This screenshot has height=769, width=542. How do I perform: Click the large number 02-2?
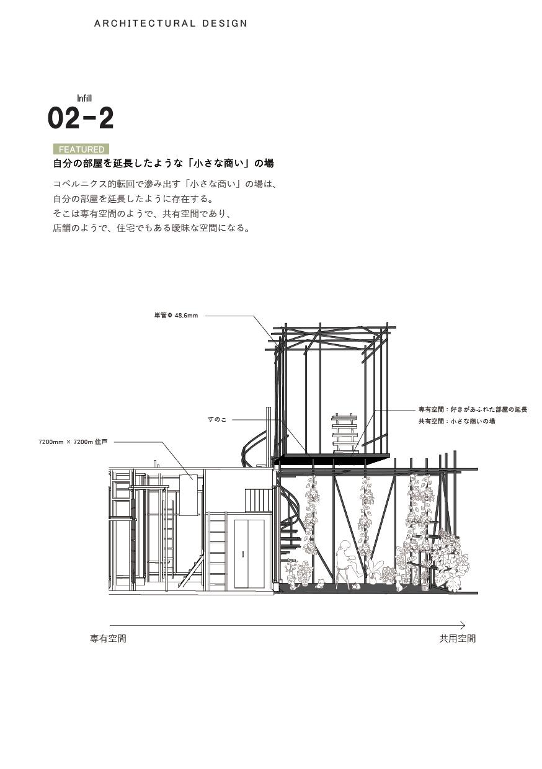click(81, 118)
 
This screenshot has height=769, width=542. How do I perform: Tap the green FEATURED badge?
click(81, 149)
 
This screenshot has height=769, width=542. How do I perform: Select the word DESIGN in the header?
click(224, 24)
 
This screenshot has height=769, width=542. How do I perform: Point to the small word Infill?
click(84, 98)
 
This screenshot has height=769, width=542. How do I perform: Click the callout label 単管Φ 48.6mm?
click(176, 316)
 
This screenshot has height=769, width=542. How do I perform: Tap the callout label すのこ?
click(217, 420)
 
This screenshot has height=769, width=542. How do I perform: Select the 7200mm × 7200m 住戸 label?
click(73, 442)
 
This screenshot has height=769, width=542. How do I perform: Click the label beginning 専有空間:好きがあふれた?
click(473, 410)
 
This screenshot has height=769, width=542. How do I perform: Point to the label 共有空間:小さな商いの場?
click(456, 422)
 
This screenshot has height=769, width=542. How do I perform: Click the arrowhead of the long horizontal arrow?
click(462, 626)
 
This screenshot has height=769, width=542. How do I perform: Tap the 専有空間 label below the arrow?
click(108, 639)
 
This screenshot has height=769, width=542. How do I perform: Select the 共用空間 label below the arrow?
click(458, 639)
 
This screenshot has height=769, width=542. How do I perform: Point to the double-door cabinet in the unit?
click(249, 554)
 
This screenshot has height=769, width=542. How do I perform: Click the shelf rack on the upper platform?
click(345, 433)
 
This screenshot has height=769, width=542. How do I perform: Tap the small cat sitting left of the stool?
click(320, 583)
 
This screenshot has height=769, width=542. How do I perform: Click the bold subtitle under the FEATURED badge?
click(163, 164)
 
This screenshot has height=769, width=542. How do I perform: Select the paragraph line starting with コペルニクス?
click(164, 184)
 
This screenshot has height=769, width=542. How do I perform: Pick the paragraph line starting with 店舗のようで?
click(151, 228)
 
